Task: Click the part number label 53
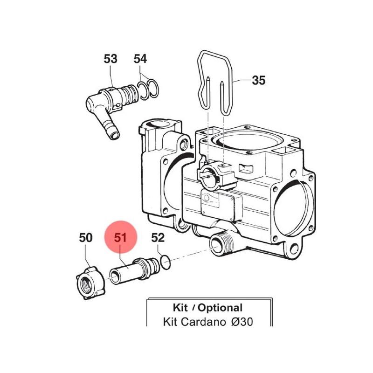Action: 111,59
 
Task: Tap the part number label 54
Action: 140,59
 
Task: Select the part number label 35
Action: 258,80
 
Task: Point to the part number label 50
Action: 85,238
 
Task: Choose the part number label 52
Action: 158,238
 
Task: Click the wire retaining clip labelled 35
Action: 215,82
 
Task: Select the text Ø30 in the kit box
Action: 242,322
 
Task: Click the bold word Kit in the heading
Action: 180,308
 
